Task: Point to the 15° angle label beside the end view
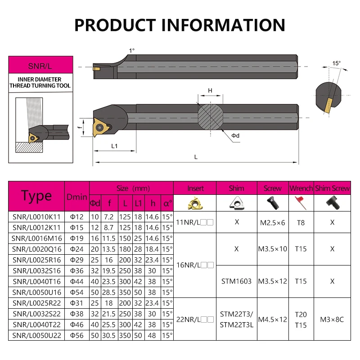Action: (337, 63)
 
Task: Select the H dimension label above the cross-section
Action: (210, 91)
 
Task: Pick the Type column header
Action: (36, 196)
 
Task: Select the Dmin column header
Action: (76, 197)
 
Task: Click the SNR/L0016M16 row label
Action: (36, 238)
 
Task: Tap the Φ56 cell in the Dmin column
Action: (76, 335)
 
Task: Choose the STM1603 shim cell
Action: (236, 281)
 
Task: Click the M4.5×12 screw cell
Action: (272, 319)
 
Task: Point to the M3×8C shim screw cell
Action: (332, 319)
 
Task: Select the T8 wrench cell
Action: (301, 222)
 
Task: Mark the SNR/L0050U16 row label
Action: (36, 292)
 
